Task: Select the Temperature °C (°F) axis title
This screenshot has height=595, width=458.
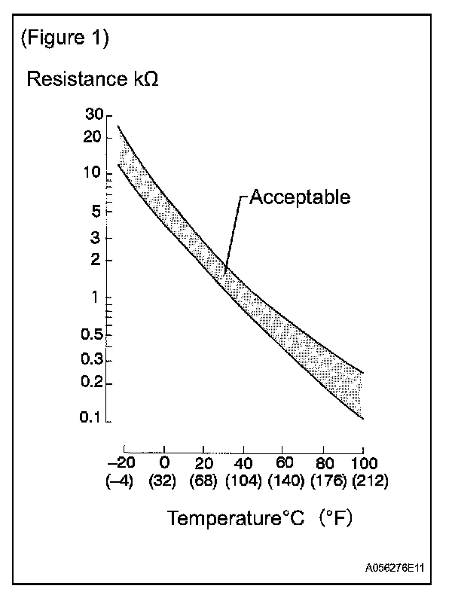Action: (x=260, y=518)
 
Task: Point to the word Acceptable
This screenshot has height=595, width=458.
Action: (x=300, y=197)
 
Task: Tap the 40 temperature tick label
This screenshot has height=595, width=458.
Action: (x=244, y=462)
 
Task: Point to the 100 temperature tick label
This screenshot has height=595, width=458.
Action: (x=364, y=462)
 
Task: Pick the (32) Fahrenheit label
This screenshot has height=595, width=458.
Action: (x=162, y=479)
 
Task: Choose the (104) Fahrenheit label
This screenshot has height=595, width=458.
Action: (x=243, y=479)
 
